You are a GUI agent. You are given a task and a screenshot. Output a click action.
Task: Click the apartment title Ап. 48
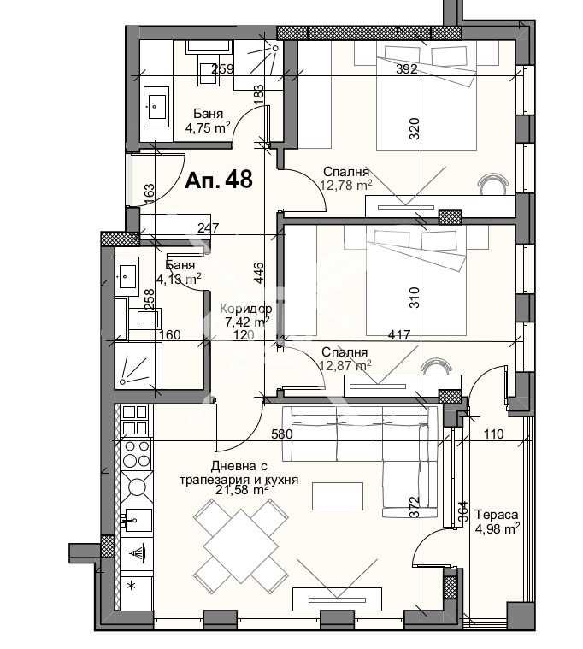coord(219,180)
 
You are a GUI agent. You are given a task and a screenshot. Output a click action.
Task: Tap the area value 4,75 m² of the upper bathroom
coord(208,128)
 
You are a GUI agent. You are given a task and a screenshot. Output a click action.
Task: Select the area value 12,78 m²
coord(345,184)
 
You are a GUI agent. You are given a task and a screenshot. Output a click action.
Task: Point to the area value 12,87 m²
coord(345,365)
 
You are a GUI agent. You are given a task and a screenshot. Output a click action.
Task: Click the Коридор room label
coord(246,309)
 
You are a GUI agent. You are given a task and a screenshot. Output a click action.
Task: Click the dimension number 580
coord(282,434)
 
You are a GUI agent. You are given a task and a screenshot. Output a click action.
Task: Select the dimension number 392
coord(407,69)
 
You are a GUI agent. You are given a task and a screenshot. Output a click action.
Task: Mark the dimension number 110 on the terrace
coord(493,434)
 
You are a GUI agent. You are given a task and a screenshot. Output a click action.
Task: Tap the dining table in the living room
coord(239,541)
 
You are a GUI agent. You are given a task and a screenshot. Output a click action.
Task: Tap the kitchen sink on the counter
coord(135,519)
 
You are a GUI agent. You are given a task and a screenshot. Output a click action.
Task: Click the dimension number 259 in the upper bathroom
coord(222,69)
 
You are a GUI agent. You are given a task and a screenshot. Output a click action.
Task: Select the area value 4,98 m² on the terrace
coord(498,529)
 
